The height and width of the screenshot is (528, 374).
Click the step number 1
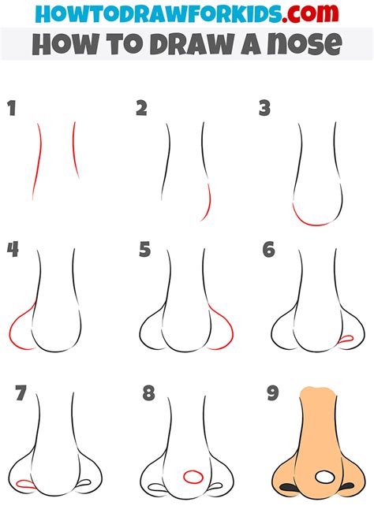click(12, 108)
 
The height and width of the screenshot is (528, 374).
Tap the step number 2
click(142, 108)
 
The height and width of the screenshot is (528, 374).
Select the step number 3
click(265, 108)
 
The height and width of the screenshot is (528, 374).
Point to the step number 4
click(13, 249)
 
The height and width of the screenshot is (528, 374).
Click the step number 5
click(144, 250)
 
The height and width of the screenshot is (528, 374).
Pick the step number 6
click(269, 250)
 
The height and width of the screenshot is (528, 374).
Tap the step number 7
click(21, 392)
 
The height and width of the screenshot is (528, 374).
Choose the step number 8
click(148, 393)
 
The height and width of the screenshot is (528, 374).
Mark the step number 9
click(273, 393)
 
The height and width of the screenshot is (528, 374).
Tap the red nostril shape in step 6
click(346, 339)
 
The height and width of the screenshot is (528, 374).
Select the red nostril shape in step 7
click(25, 484)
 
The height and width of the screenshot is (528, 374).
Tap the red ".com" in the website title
click(310, 13)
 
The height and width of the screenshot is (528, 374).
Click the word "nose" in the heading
click(305, 44)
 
